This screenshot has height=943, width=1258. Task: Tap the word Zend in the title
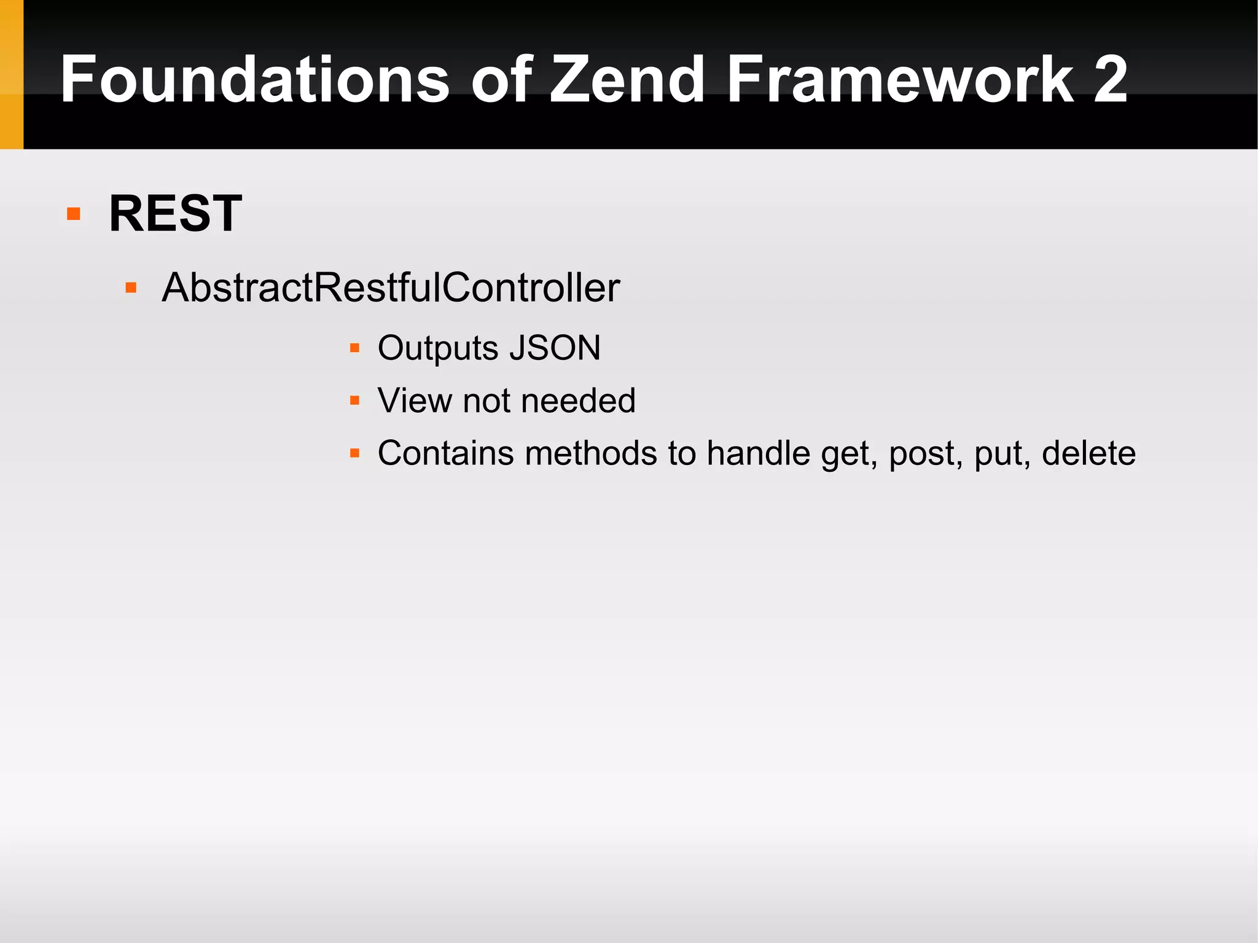627,79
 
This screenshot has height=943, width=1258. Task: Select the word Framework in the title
900,79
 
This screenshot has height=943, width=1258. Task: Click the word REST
175,214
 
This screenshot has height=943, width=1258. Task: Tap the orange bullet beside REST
74,214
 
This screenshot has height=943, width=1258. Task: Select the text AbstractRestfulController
391,288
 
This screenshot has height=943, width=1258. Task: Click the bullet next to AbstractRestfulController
130,288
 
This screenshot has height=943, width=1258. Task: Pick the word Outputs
437,348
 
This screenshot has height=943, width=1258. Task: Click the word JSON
555,348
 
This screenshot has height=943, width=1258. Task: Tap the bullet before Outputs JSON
354,348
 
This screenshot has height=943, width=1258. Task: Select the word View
415,401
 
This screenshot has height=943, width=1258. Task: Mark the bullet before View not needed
354,401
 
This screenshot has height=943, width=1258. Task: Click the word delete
1088,453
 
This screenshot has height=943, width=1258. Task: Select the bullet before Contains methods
354,453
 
